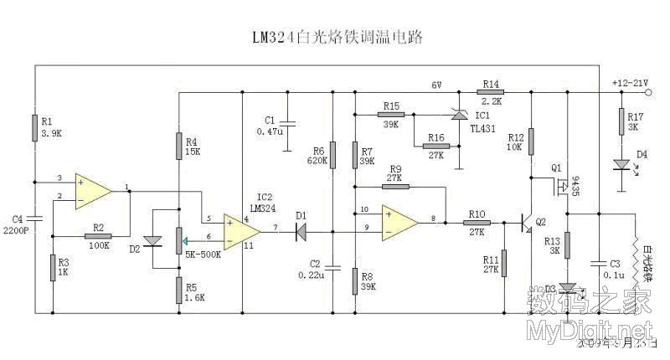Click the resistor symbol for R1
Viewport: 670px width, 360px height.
coord(35,126)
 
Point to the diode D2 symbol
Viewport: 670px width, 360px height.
coord(152,241)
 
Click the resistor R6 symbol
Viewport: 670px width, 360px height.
coord(332,154)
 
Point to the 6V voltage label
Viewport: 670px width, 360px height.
coord(436,85)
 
